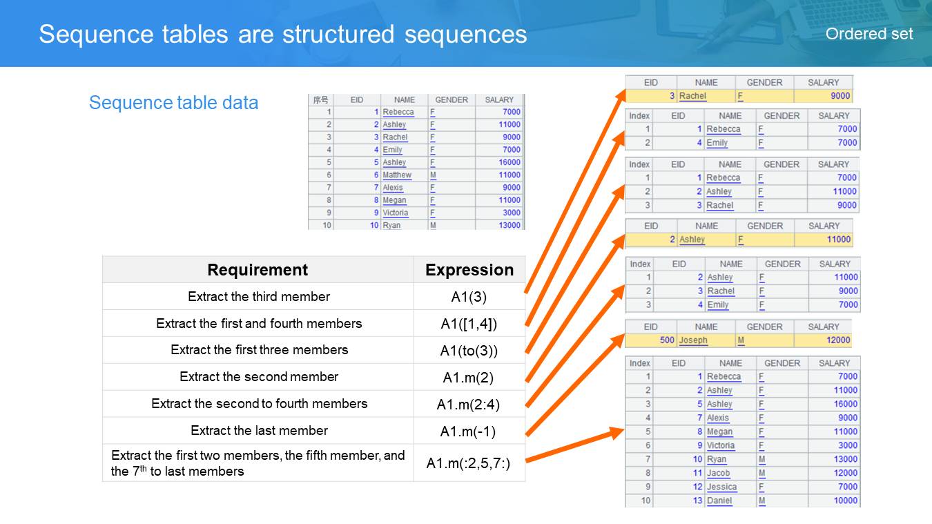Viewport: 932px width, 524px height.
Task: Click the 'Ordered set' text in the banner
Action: (868, 34)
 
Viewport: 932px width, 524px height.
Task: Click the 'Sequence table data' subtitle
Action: (173, 102)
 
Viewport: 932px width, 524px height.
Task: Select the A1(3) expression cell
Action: (469, 297)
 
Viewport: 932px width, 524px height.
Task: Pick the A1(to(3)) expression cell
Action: (469, 351)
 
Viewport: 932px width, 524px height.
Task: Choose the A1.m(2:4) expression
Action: (469, 405)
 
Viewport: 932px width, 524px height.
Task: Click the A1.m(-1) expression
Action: (468, 431)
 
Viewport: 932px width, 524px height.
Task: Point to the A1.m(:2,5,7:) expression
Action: (469, 463)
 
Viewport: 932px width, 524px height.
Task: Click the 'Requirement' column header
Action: (258, 270)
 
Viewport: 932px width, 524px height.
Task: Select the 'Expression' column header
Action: (469, 270)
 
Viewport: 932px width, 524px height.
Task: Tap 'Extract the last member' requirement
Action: (259, 430)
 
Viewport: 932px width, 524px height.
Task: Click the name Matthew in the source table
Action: (397, 175)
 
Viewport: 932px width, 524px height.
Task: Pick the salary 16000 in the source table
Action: (509, 162)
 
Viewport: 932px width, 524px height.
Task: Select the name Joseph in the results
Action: (693, 340)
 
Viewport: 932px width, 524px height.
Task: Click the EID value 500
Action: (667, 340)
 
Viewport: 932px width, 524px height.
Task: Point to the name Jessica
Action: (722, 487)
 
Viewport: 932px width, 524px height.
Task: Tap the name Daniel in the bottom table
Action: (719, 501)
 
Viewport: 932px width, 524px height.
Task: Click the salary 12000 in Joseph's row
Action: (838, 340)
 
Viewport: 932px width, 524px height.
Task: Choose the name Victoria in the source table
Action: (396, 213)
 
